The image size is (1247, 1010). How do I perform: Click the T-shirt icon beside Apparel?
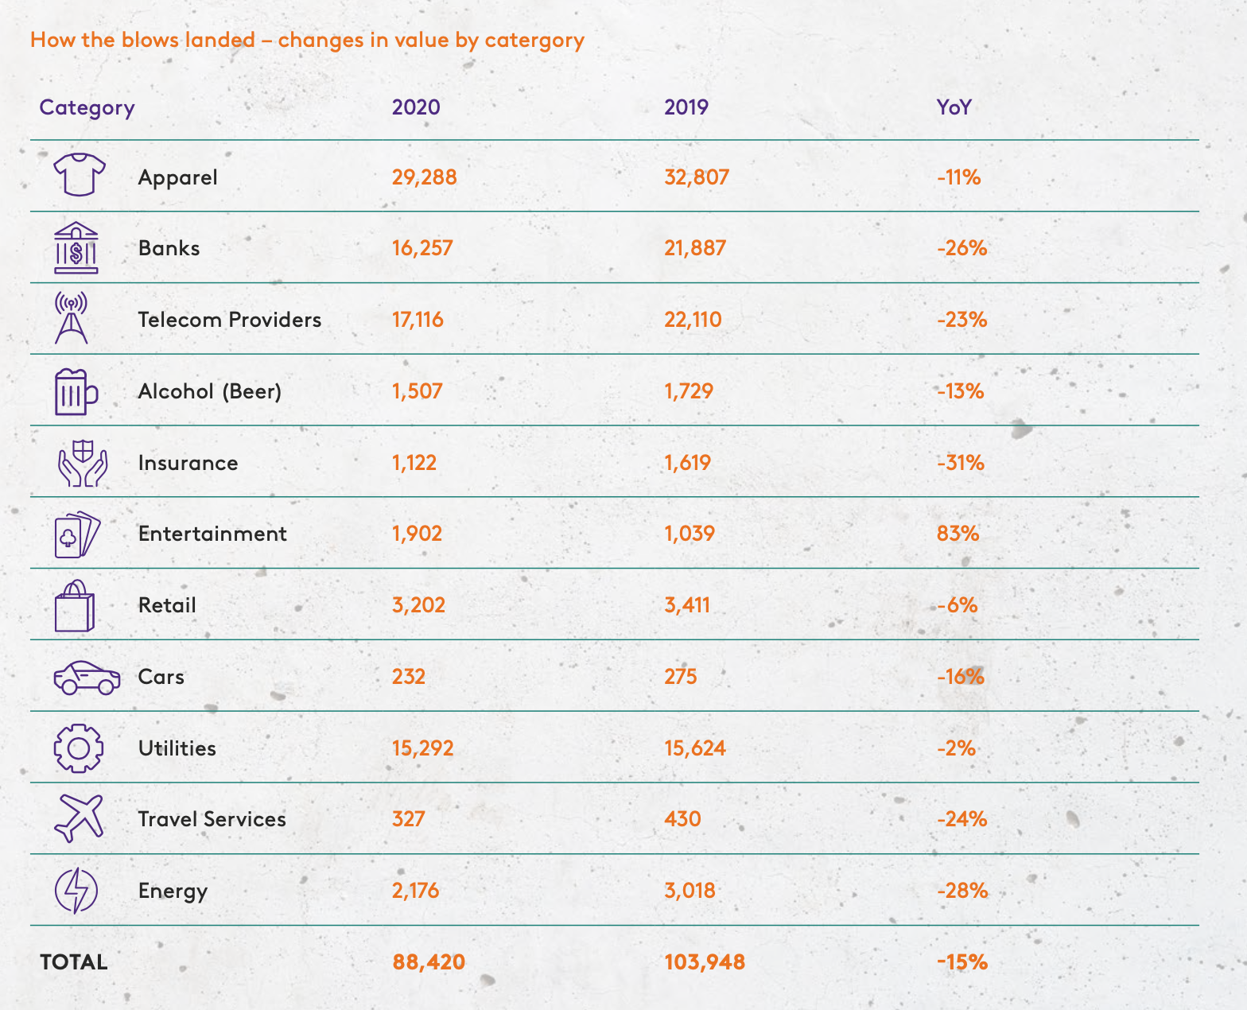pos(79,175)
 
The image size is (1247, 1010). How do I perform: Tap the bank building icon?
pos(76,247)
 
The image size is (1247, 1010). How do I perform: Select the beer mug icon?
pos(76,391)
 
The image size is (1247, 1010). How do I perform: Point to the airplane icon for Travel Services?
pos(79,818)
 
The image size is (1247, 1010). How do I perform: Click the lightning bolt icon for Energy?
pos(76,891)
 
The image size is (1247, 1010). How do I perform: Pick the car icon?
pos(87,678)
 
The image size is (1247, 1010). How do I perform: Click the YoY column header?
pos(954,107)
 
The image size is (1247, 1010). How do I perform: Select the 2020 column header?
pos(416,107)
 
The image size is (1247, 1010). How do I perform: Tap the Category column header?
pos(87,107)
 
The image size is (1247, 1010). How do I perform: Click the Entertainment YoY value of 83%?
pos(958,534)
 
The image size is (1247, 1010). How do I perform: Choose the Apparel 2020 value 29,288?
pos(424,177)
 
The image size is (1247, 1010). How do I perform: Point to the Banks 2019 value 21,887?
pos(695,248)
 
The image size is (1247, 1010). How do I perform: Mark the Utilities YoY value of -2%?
pos(956,748)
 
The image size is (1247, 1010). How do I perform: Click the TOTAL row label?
pos(74,962)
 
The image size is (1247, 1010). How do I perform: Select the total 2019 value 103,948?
pos(705,962)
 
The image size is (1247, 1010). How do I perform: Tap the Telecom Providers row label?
pos(230,320)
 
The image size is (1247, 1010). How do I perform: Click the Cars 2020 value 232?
pos(409,677)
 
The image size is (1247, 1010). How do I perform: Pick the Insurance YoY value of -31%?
pos(961,463)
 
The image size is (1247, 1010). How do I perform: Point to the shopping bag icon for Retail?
pos(75,606)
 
